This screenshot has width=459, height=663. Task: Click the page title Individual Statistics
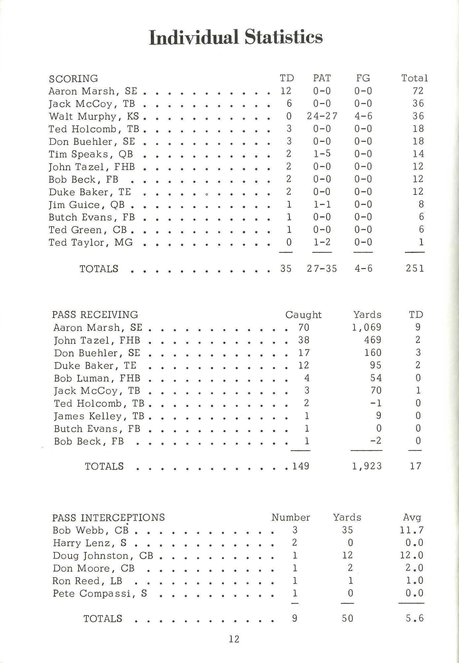(x=236, y=37)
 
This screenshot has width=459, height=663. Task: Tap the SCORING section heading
(x=73, y=79)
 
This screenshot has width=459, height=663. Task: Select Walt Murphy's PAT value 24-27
(x=322, y=116)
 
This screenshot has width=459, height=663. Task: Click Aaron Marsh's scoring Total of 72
(x=418, y=91)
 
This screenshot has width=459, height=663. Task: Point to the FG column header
(x=363, y=78)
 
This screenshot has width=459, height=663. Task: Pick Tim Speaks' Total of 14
(x=418, y=154)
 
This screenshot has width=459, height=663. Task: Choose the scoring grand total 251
(x=415, y=268)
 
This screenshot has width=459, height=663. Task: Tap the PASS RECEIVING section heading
(x=95, y=315)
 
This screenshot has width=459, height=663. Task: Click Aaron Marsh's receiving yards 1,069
(x=367, y=327)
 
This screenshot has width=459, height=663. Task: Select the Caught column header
(x=303, y=315)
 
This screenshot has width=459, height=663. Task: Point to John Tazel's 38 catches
(x=304, y=340)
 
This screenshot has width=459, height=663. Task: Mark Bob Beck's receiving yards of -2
(x=376, y=441)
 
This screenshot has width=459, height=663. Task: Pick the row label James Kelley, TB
(x=99, y=416)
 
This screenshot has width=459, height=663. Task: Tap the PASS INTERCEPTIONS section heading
(x=108, y=517)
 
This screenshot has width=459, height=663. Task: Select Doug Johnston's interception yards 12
(x=347, y=555)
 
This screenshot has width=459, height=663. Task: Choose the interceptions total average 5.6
(x=415, y=618)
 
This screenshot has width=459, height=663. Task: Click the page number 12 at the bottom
(x=234, y=639)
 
